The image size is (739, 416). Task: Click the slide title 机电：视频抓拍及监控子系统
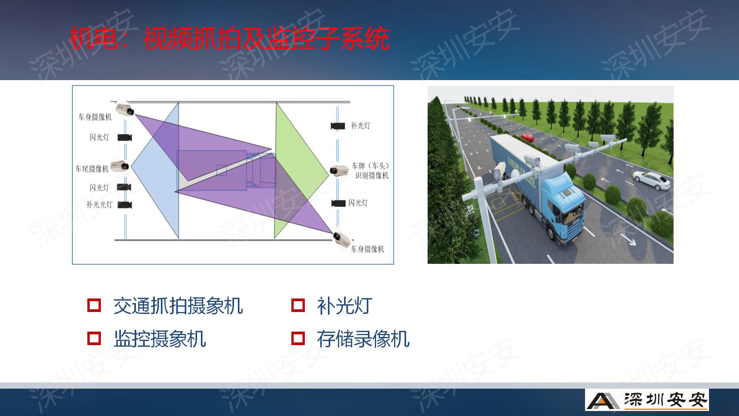tap(229, 39)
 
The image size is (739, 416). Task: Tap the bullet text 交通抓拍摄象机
tap(178, 306)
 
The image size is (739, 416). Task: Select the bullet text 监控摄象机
tap(160, 339)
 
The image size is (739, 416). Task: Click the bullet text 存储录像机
tap(363, 339)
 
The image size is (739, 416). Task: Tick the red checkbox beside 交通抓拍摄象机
tap(94, 305)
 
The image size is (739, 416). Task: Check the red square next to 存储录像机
tap(298, 338)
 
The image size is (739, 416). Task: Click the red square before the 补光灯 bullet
tap(298, 305)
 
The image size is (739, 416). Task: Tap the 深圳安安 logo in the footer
tap(647, 400)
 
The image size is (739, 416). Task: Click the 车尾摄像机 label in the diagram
tap(92, 169)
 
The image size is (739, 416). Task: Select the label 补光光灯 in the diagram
tap(99, 205)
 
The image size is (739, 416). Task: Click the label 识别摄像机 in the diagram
tap(372, 176)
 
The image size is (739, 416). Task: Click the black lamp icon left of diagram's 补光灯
tap(338, 126)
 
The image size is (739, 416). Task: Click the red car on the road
tap(528, 136)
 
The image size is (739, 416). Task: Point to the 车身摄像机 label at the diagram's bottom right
tap(368, 249)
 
